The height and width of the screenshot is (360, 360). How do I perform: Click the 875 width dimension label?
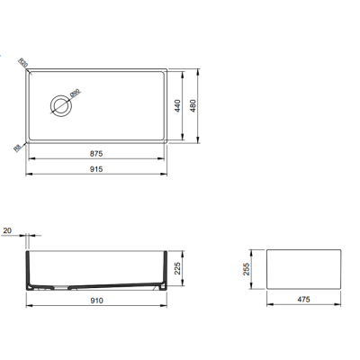[96, 153]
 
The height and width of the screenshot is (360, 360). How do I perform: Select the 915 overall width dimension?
[96, 168]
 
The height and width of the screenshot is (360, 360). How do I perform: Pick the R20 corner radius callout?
[23, 64]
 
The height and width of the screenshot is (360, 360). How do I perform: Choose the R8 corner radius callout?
[18, 148]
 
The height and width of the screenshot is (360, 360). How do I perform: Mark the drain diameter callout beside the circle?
[76, 92]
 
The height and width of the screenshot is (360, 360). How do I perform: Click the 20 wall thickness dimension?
[7, 232]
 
